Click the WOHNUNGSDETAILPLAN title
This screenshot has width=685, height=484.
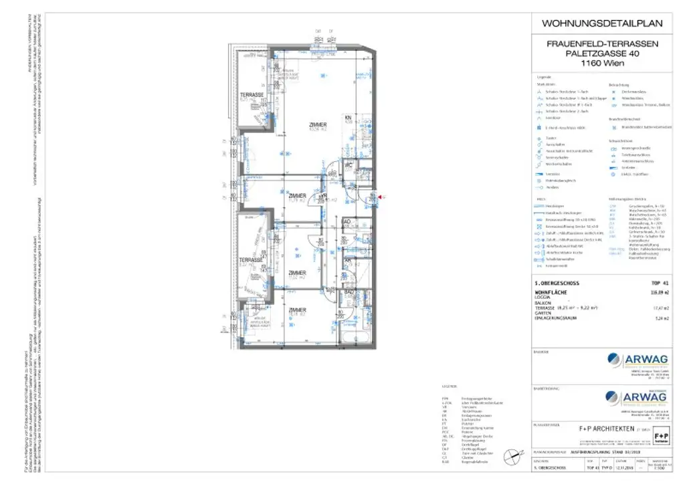coord(601,23)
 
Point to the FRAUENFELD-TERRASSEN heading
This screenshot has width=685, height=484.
coord(601,43)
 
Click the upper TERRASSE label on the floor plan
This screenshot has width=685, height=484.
coord(252,96)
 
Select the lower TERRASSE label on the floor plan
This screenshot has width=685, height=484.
coord(252,260)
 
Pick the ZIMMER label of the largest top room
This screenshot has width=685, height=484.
coord(318,125)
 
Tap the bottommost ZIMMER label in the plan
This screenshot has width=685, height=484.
coord(298,310)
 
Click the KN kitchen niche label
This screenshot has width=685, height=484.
coord(348,118)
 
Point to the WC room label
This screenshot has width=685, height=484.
coord(348,164)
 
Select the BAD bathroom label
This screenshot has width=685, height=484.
coord(349,292)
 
